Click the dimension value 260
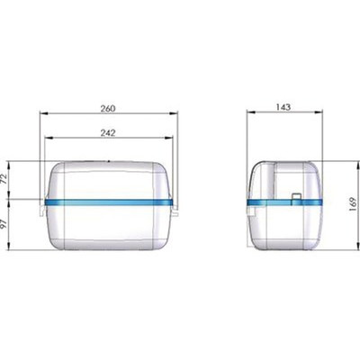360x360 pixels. (108, 108)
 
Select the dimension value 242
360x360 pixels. (108, 133)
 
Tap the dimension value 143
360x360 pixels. (283, 107)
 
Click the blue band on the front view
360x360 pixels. (109, 202)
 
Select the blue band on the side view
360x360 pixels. (284, 202)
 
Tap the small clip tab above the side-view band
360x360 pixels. (297, 196)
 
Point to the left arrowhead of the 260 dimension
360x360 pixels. (44, 113)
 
